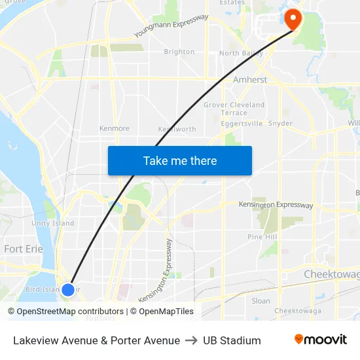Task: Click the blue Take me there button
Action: point(180,160)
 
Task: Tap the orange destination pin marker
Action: point(292,20)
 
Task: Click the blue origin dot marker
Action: point(67,289)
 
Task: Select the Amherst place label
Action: point(250,80)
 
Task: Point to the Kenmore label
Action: point(114,128)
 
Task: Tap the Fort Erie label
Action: point(22,249)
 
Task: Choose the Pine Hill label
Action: point(262,236)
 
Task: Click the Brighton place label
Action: point(179,52)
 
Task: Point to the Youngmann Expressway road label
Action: point(171,26)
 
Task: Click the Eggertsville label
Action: point(242,123)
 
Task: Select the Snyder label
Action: point(280,123)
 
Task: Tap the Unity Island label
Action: point(53,223)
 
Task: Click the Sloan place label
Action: point(261,301)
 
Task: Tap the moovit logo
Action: point(320,340)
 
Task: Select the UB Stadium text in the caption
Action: point(232,340)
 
